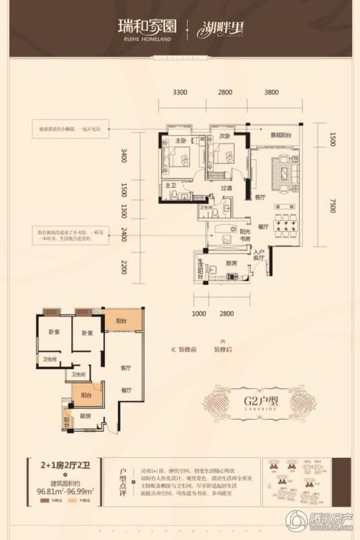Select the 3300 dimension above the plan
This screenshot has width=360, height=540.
(180, 92)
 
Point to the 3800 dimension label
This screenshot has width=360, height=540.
(271, 92)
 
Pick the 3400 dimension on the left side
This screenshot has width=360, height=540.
(124, 156)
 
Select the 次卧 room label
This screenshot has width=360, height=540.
(225, 135)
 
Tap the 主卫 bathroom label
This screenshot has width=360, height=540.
(170, 186)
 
